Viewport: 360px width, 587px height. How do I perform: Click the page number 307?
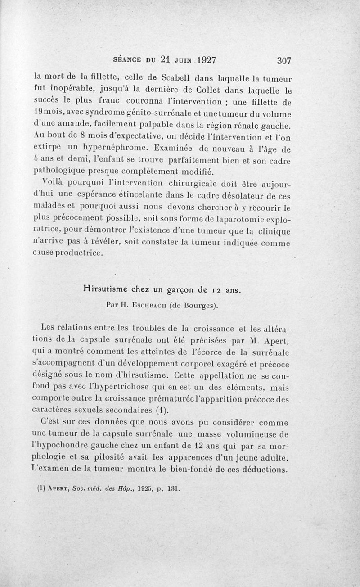pos(282,60)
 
